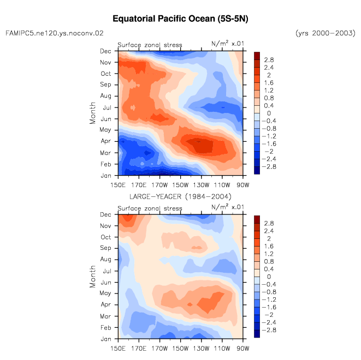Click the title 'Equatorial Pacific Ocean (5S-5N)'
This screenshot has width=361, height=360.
(x=180, y=19)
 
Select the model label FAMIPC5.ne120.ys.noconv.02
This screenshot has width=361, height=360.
(x=55, y=33)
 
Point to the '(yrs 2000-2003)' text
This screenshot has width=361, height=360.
(x=326, y=33)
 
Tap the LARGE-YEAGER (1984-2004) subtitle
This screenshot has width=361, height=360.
(x=180, y=196)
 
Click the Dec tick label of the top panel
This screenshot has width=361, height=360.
(x=105, y=51)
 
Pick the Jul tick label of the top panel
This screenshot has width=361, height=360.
(x=107, y=107)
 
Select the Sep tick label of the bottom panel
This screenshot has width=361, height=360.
(x=105, y=248)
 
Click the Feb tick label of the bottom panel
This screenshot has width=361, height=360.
(x=105, y=327)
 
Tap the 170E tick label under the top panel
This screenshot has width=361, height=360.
(x=139, y=185)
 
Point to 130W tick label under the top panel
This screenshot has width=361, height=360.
(x=201, y=185)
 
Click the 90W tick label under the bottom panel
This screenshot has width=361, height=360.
(x=243, y=349)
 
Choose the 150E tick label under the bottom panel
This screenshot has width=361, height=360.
(x=118, y=349)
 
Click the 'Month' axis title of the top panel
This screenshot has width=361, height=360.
(x=92, y=113)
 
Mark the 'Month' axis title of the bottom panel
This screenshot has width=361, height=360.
(x=92, y=277)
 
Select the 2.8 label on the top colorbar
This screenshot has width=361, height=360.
(x=269, y=60)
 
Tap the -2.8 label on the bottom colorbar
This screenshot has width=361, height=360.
(x=269, y=330)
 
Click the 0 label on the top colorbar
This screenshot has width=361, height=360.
(x=269, y=113)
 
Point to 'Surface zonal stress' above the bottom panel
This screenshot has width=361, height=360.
(x=150, y=208)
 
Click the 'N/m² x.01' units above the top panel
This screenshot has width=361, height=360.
(x=228, y=44)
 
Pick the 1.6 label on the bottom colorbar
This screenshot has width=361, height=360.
(x=269, y=246)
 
